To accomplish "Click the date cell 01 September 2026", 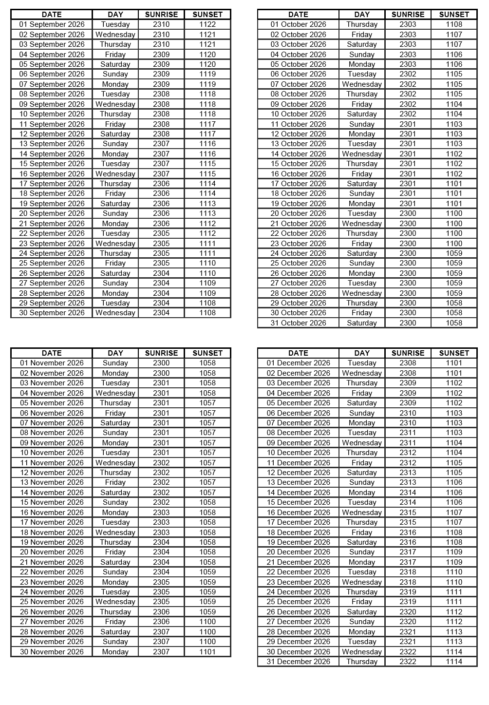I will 52,24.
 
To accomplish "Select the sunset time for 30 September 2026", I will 207,313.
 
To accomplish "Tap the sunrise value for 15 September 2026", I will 161,164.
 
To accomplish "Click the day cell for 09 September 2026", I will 115,104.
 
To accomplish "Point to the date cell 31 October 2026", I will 298,323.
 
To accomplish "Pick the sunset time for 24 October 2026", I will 454,253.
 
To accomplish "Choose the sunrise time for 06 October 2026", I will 408,74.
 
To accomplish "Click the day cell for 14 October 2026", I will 362,154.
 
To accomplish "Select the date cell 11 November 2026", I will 52,463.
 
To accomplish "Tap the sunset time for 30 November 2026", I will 207,652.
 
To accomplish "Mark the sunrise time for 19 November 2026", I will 161,542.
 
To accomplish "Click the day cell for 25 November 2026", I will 115,602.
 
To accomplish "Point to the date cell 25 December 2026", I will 298,602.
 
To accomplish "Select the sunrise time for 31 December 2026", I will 408,662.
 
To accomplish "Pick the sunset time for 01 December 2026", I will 454,363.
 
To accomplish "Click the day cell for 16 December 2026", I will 362,513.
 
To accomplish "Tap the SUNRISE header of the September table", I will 161,15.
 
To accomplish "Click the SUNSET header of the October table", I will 454,15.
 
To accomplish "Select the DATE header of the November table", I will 52,353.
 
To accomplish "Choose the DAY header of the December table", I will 362,353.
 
